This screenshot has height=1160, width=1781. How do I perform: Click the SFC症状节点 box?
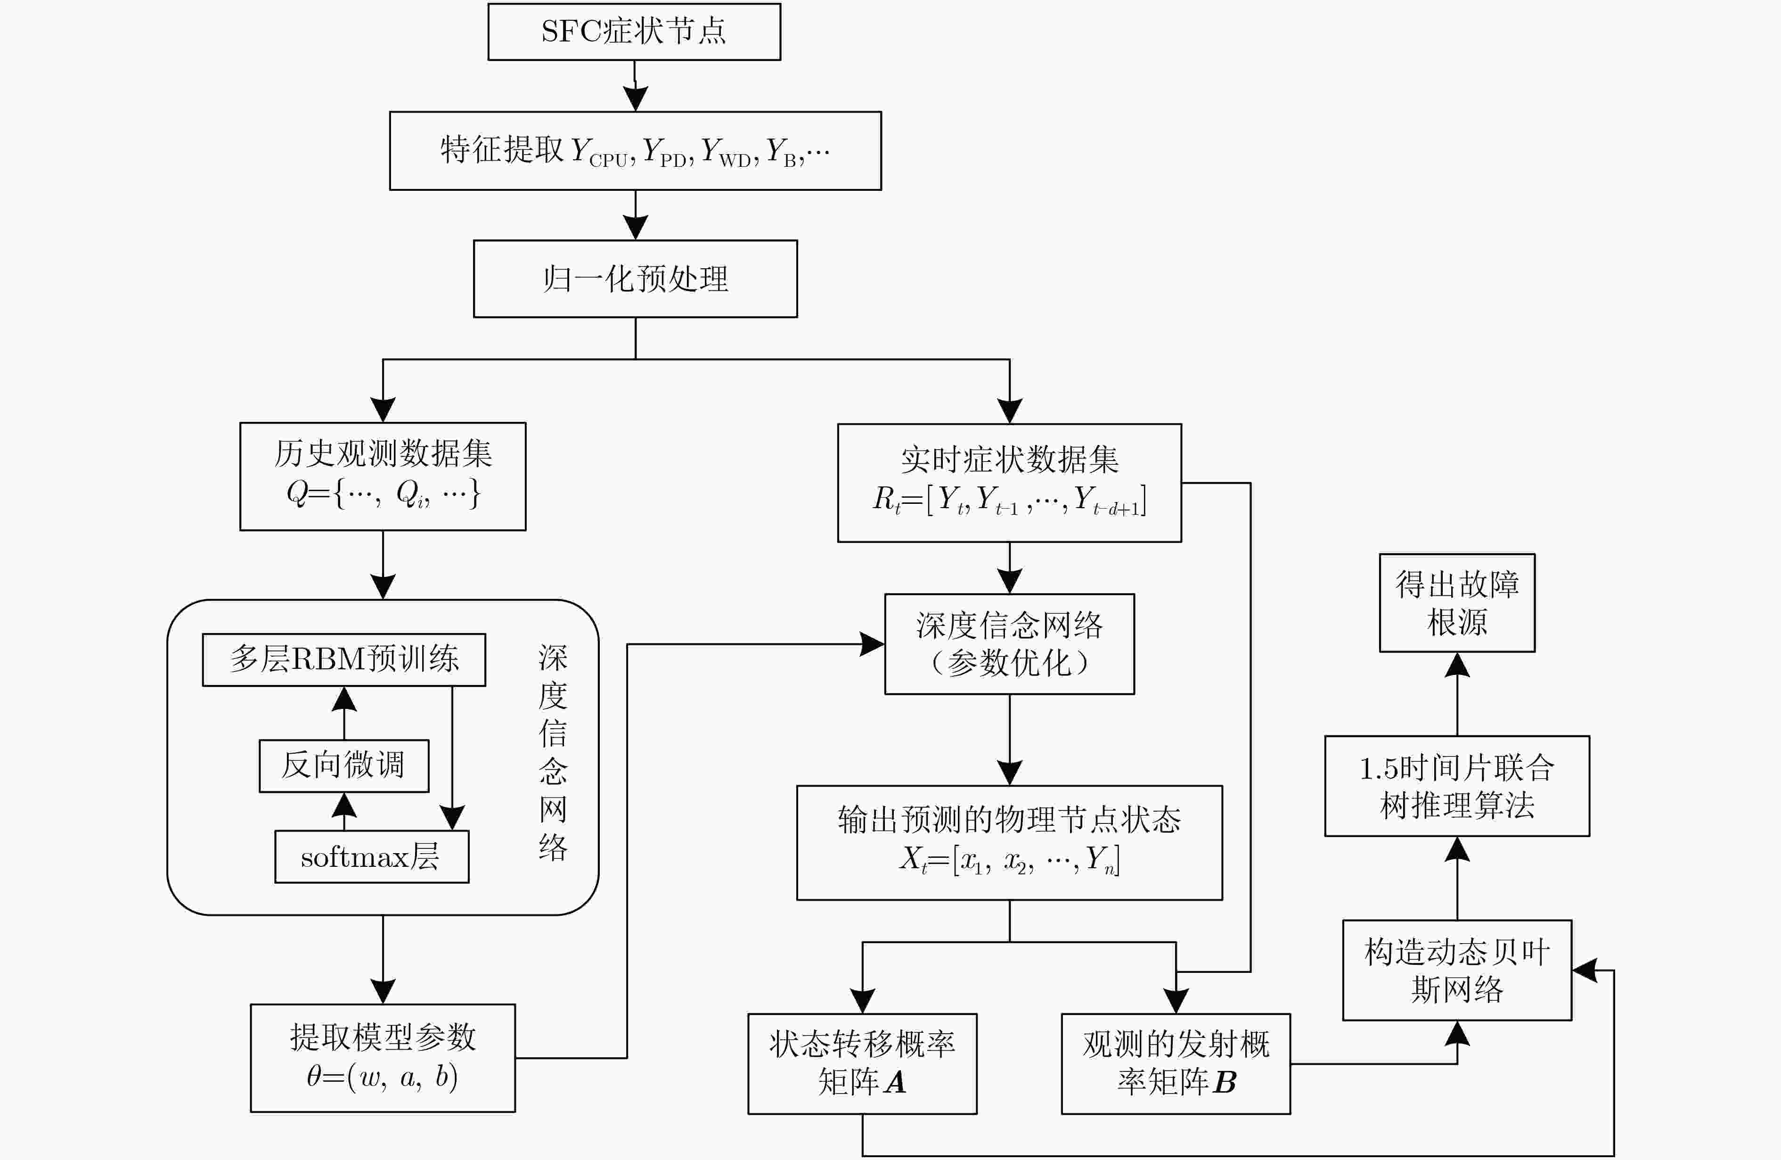coord(634,32)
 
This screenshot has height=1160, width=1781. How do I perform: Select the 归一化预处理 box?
coord(635,279)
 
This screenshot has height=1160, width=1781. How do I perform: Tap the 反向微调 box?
coord(343,765)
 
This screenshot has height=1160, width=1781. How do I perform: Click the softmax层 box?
coord(372,857)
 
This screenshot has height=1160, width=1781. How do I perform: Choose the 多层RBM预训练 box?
coord(343,659)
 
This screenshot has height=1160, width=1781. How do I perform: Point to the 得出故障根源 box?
coord(1457,602)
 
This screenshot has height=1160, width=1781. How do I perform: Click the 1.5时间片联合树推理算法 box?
coord(1457,786)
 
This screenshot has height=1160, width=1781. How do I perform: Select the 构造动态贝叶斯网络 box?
coord(1457,970)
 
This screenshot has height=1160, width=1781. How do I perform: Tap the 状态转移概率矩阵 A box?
coord(862,1063)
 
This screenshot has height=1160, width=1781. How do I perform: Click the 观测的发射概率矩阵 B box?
coord(1176,1063)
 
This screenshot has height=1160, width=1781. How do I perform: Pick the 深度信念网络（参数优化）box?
coord(1010,643)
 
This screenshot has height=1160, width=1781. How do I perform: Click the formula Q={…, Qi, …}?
coord(383,493)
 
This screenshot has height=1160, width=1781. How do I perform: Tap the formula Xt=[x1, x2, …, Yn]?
coord(1010,859)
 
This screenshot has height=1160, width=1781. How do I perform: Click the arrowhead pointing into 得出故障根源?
coord(1457,665)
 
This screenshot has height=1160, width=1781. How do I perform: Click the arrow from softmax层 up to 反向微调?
coord(343,811)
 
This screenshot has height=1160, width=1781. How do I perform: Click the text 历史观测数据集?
coord(383,453)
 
